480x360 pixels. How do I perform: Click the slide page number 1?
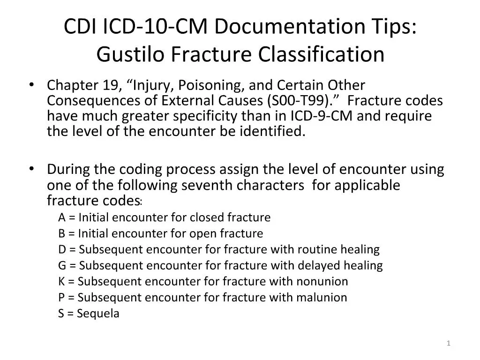(x=449, y=344)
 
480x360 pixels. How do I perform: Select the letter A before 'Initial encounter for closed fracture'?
(x=62, y=218)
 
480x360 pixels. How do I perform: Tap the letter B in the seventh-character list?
(x=62, y=233)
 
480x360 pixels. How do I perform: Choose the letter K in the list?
(x=62, y=282)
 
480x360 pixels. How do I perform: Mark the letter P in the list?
(x=61, y=298)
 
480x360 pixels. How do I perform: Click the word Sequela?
(x=98, y=314)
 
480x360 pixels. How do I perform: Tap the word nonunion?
(x=322, y=282)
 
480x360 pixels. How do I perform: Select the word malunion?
(x=322, y=298)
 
